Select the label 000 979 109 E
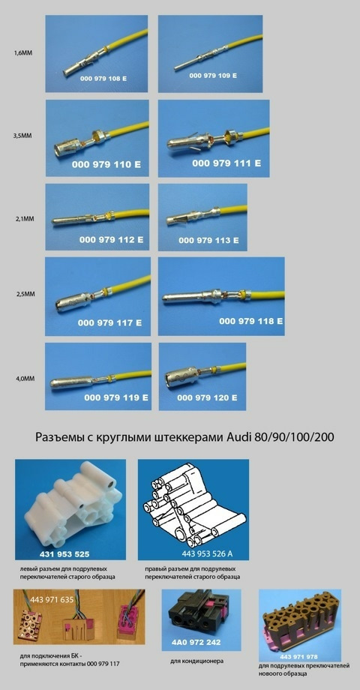[212, 76]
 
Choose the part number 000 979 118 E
[250, 320]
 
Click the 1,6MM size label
[22, 53]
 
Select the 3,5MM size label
[22, 137]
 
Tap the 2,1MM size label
[22, 219]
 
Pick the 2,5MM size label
[22, 295]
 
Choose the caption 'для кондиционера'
[198, 661]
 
